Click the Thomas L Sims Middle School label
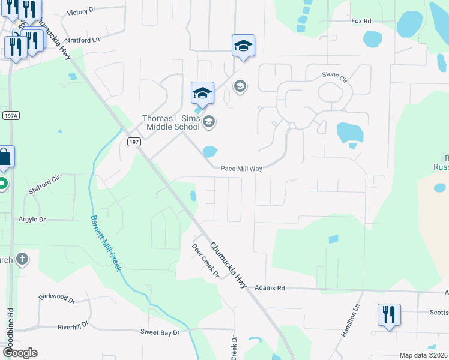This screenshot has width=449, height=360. point(170,122)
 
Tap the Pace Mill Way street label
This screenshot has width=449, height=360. point(241,169)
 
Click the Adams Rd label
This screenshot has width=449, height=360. point(270,288)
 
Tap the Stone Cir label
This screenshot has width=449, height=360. point(334,75)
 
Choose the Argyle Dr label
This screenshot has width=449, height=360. point(32,220)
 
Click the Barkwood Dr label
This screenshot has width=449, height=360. point(56,298)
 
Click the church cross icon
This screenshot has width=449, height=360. point(22,259)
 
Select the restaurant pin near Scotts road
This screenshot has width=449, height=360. point(389,314)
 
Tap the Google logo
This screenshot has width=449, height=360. point(20,353)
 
